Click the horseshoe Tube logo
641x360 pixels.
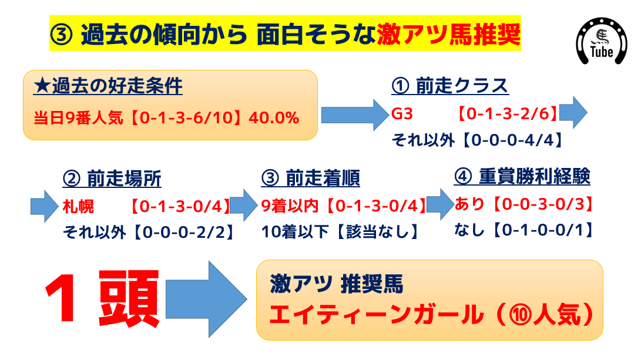602,41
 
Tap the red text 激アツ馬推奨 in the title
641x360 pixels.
448,34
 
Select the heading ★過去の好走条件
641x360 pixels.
108,86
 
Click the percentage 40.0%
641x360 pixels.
274,118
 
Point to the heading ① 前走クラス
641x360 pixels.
449,86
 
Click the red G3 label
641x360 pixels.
402,113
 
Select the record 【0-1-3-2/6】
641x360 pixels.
507,113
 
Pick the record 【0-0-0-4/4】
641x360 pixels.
513,140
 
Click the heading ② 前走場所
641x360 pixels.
112,179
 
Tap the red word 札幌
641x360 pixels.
78,207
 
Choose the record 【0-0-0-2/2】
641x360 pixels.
183,233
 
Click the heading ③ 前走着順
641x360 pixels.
310,178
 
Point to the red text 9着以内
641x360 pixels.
290,206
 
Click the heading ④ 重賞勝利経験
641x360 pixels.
522,177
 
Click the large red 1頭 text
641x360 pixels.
102,298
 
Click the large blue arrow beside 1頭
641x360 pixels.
206,299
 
